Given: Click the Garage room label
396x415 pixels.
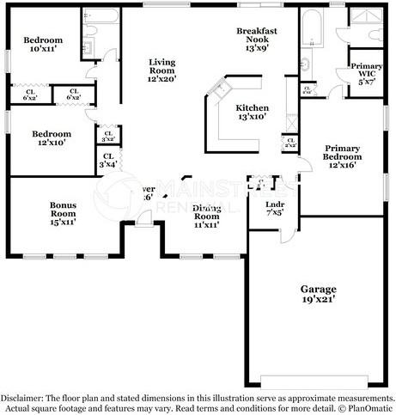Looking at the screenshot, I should pyautogui.click(x=318, y=289).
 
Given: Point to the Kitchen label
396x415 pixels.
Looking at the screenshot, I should pyautogui.click(x=253, y=107).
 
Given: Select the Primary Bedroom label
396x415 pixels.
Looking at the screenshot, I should pyautogui.click(x=342, y=153).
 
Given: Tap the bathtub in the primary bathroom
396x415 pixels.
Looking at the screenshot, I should pyautogui.click(x=310, y=31).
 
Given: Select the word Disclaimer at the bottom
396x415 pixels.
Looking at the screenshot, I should pyautogui.click(x=20, y=399).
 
